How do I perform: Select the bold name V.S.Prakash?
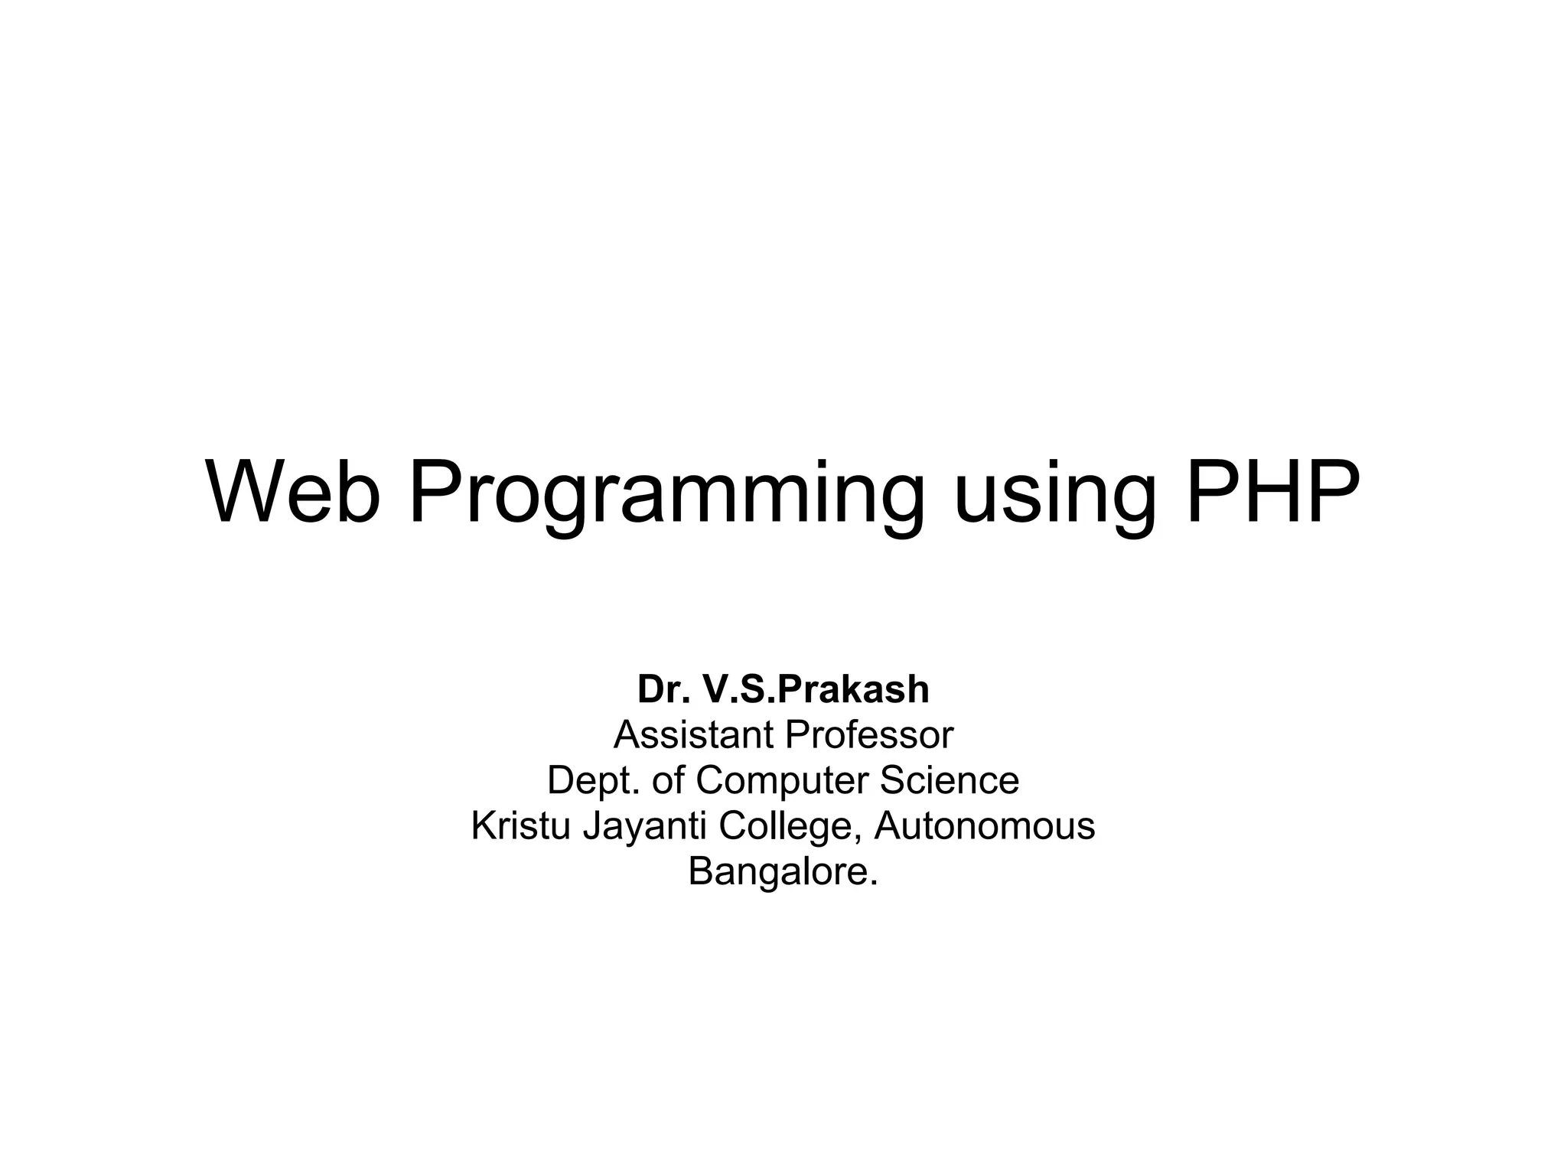coord(816,689)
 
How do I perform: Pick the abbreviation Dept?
coord(593,781)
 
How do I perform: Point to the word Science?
coord(950,780)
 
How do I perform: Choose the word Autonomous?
coord(985,826)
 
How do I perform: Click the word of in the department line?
coord(669,780)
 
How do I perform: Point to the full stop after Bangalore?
coord(874,884)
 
